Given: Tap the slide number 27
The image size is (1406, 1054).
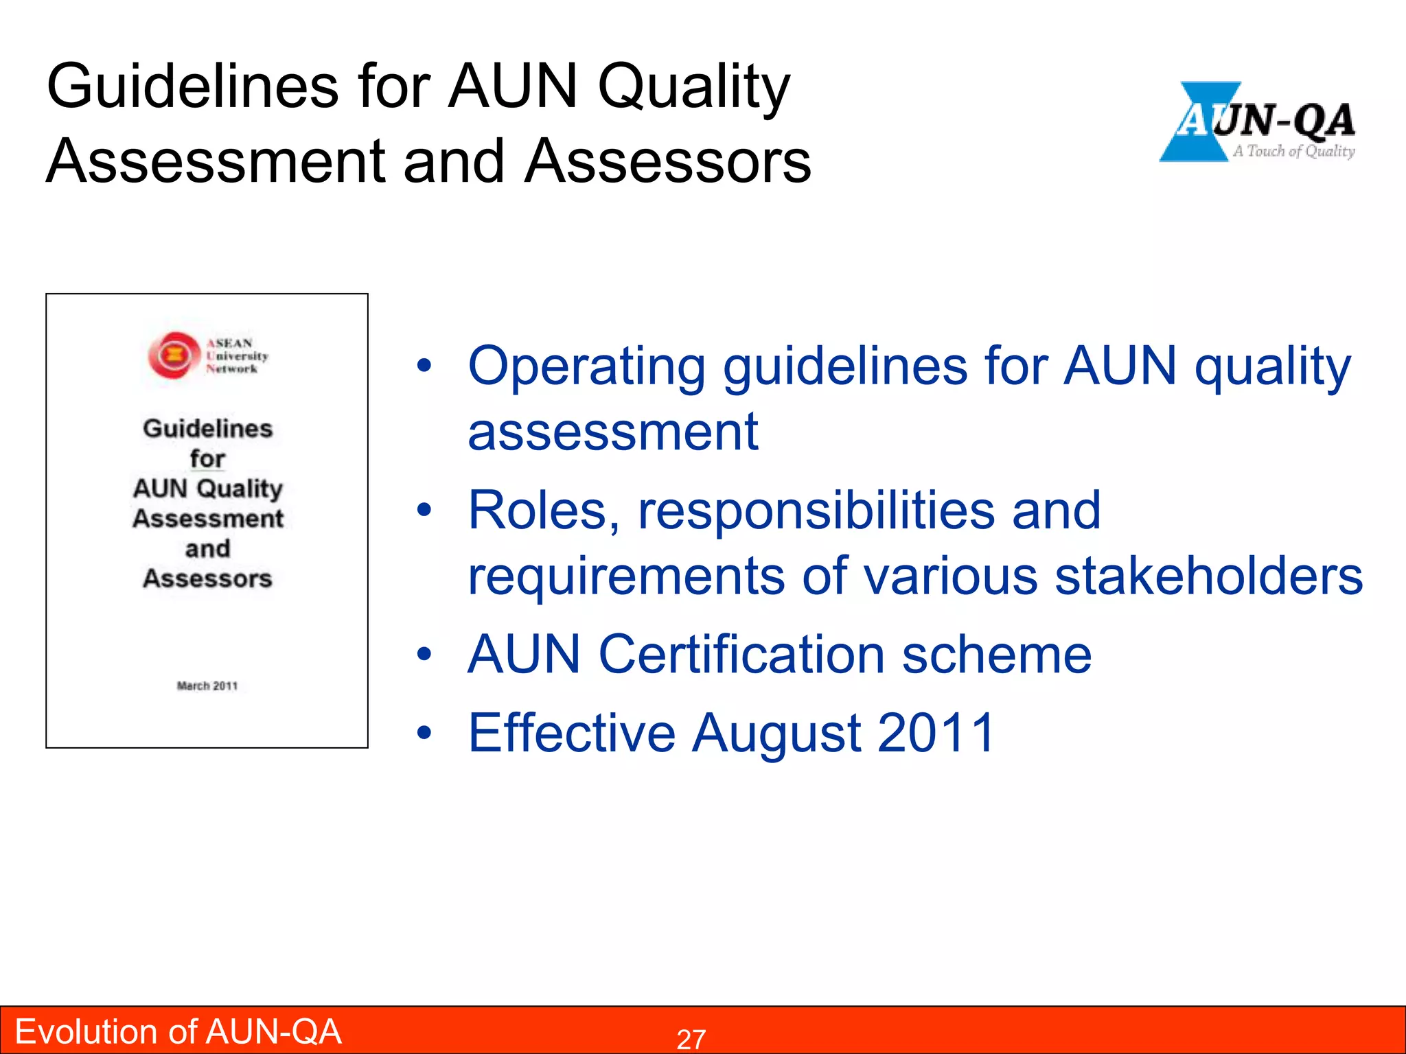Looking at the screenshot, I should (x=691, y=1039).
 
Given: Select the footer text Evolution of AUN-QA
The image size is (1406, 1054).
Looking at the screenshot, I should (x=178, y=1031).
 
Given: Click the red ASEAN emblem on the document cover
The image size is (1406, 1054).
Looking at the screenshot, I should (x=174, y=355).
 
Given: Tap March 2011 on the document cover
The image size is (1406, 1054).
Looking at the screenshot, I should (x=207, y=686).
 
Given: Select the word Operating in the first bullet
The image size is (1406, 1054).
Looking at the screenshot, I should (x=587, y=367).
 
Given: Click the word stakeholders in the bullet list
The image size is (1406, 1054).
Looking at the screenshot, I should (x=1208, y=576).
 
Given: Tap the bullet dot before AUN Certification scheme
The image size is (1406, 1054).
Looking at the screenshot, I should (x=425, y=655).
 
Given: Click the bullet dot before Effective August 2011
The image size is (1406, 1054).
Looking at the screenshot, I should (x=425, y=733).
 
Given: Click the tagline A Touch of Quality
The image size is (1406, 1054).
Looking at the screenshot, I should (x=1293, y=151).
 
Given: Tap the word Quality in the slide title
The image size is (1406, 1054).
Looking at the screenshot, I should (x=693, y=88).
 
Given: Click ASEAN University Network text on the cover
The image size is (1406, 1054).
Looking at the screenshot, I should (x=237, y=355).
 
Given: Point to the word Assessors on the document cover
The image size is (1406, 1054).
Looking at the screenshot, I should (x=207, y=578).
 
